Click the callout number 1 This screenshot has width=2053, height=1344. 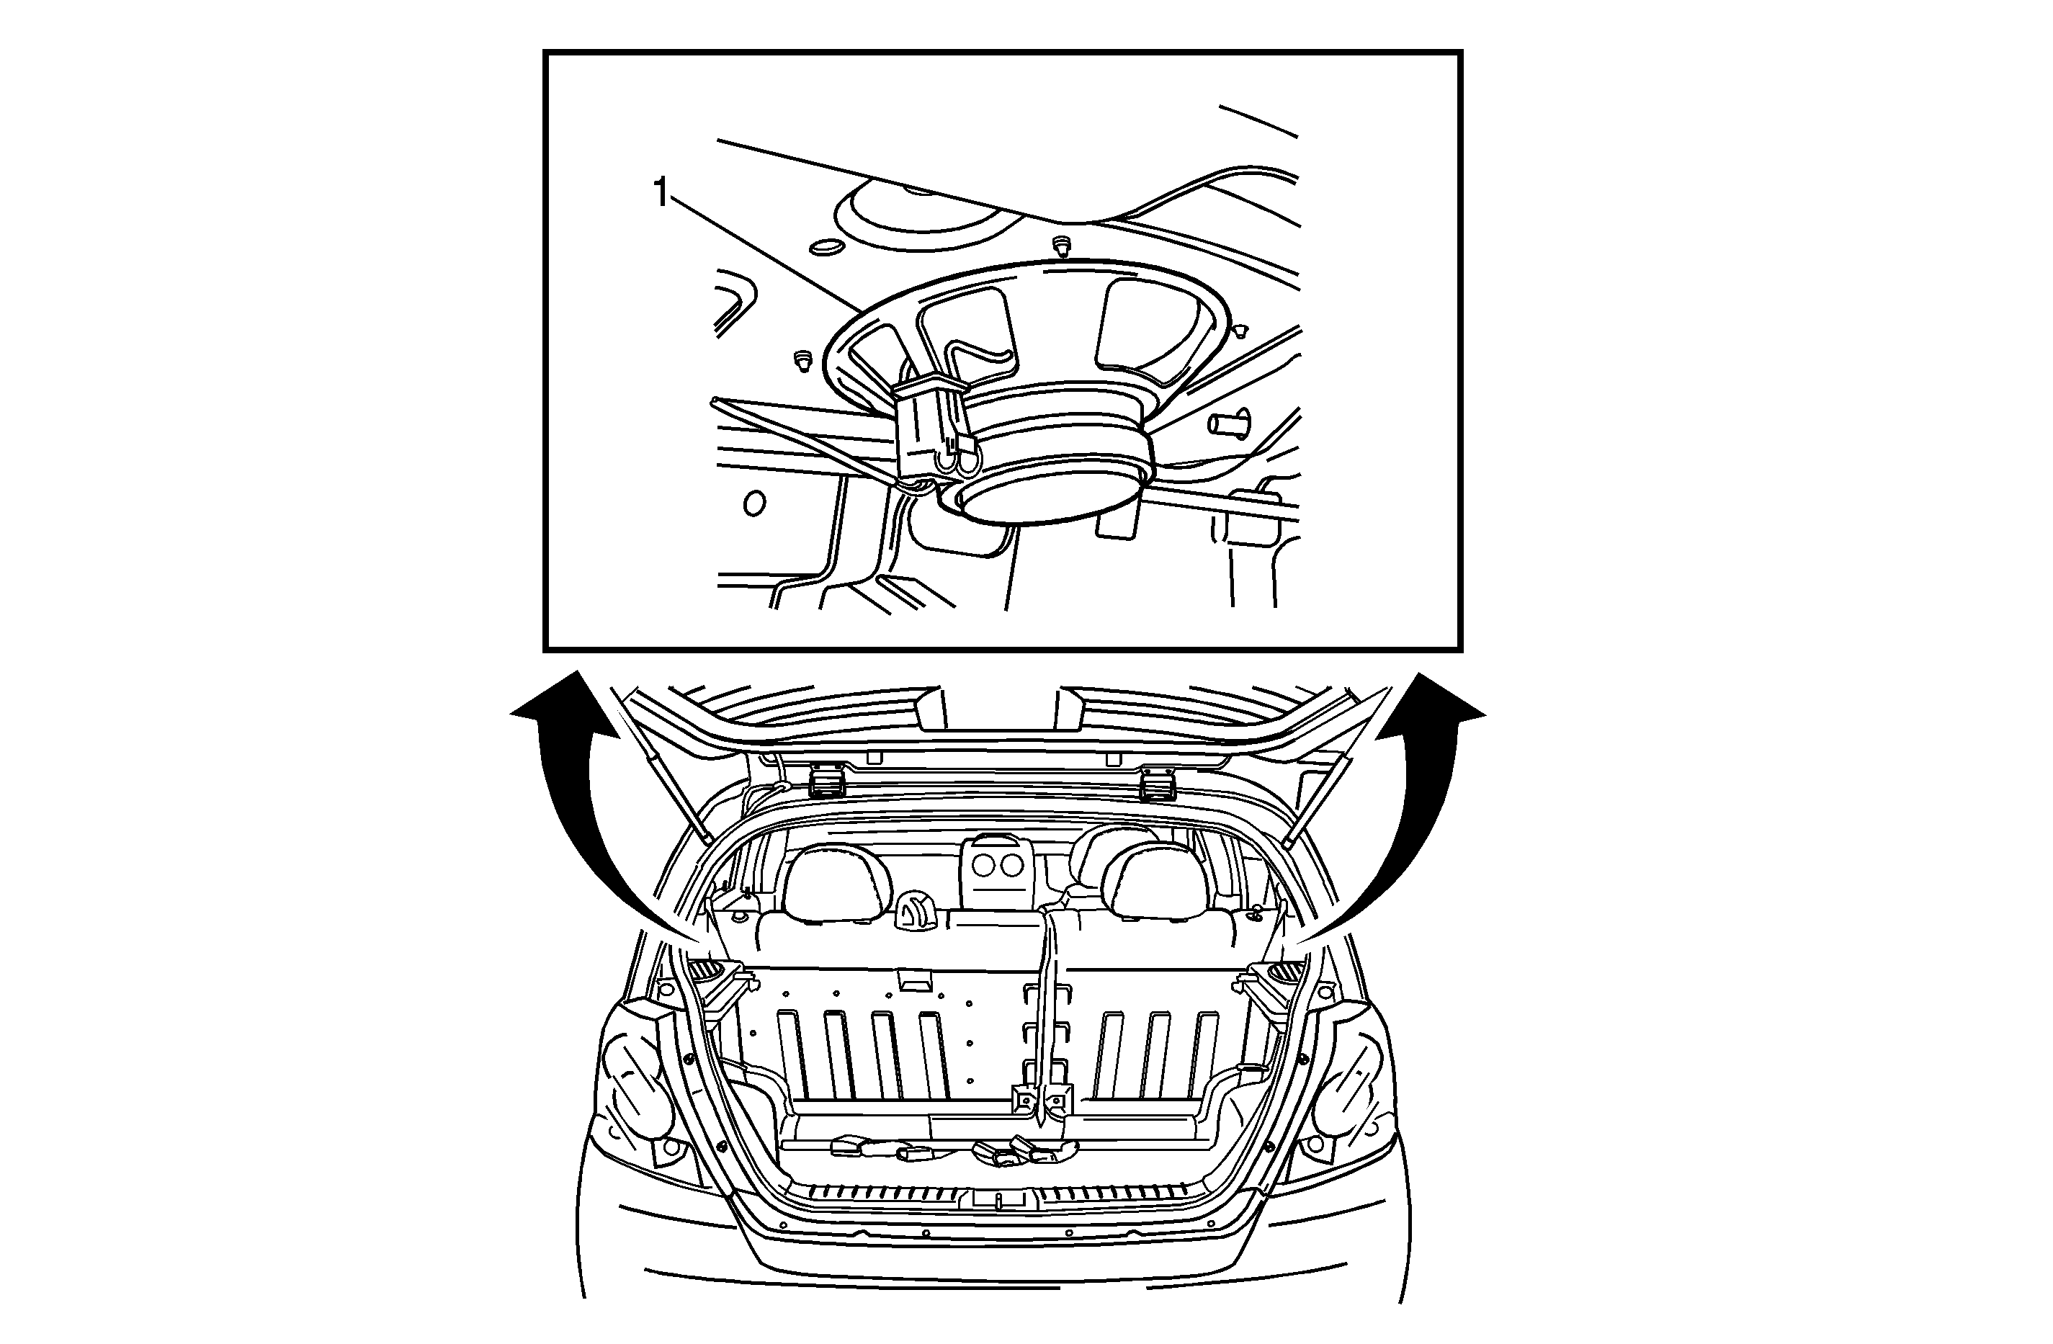tap(661, 193)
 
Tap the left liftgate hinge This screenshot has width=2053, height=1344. tap(828, 784)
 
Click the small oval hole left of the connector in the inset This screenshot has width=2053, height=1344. tap(755, 503)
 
